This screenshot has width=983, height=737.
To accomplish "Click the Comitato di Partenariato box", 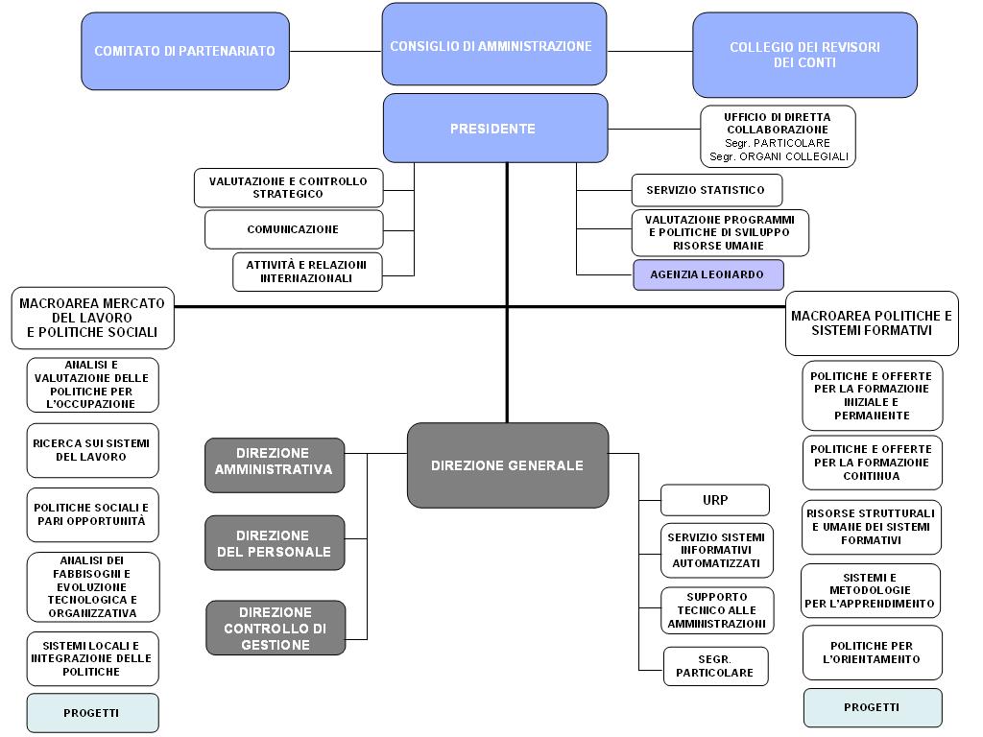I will point(185,51).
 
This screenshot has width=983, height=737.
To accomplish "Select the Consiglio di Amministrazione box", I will point(493,45).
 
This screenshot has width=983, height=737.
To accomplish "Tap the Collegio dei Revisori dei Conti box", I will point(804,55).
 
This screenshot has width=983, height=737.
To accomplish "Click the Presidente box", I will point(495,129).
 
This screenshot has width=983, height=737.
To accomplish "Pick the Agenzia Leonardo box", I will point(707,274).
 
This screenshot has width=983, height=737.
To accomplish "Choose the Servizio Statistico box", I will point(706,190).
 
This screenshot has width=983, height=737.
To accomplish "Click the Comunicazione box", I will point(293,230).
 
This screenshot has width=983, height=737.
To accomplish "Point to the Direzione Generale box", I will point(507,465).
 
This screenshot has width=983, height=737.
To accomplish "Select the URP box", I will point(715,500).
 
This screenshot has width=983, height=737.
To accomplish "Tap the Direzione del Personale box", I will point(275,543).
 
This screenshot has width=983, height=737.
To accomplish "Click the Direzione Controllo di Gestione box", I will point(276,629).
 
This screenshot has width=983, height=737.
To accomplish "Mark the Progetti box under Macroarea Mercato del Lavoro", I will point(92,713).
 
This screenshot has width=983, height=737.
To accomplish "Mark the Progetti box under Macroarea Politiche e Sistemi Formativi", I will point(872,707).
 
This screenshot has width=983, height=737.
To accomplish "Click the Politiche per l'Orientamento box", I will point(872,653).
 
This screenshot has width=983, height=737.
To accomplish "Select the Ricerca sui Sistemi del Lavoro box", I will point(92,450).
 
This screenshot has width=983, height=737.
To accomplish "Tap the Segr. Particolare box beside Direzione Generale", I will point(715,666).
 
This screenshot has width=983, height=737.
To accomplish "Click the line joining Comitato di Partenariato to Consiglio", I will point(335,51).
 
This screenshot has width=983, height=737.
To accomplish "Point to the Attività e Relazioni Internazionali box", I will point(306,272).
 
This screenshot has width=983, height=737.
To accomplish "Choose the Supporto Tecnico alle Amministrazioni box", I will point(716,610).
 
